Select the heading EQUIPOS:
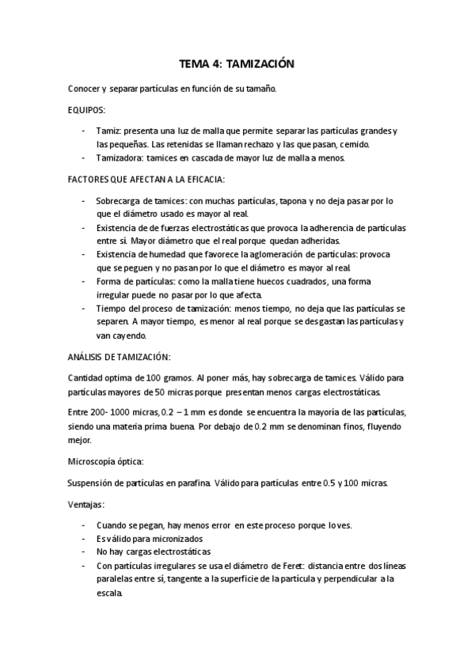point(87,110)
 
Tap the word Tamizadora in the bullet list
point(120,158)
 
